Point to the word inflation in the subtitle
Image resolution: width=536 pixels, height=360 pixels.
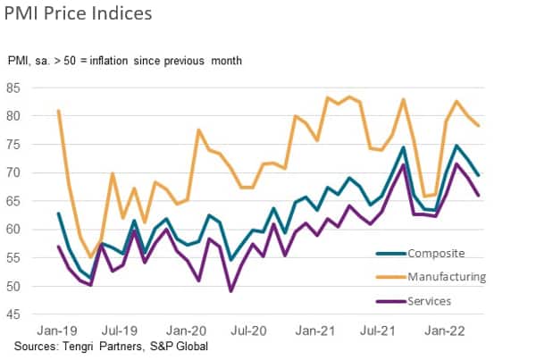coord(123,60)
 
